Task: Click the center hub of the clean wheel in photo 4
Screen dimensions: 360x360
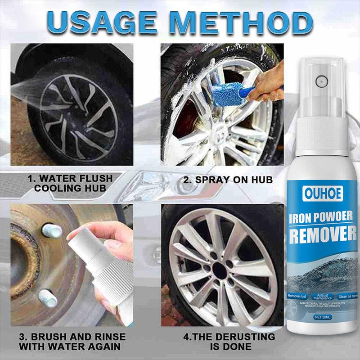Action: point(219,270)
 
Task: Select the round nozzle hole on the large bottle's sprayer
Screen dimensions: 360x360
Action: point(321,81)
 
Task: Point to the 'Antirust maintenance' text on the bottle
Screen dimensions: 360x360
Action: point(324,296)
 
